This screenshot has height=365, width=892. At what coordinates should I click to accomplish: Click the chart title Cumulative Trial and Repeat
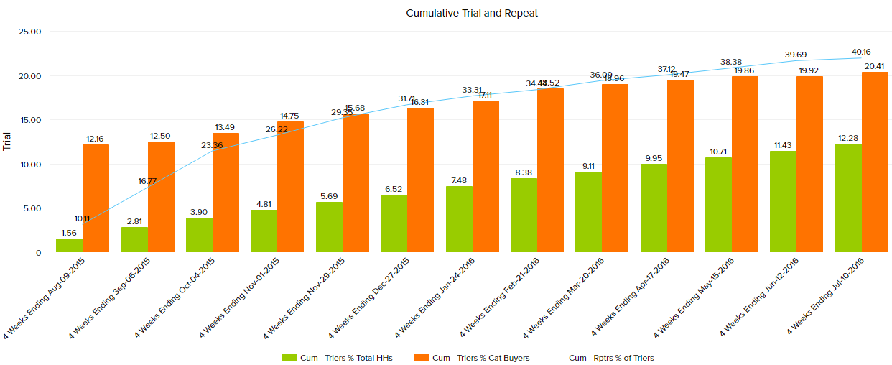(472, 13)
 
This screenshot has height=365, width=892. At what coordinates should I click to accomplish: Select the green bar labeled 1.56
(70, 246)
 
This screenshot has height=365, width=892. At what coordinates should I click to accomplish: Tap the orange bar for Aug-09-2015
(96, 198)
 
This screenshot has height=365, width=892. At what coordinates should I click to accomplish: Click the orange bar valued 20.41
(875, 162)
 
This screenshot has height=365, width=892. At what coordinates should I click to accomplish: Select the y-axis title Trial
(8, 141)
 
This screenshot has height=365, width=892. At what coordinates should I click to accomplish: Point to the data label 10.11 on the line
(82, 218)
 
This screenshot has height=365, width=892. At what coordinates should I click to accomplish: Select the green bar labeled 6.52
(394, 223)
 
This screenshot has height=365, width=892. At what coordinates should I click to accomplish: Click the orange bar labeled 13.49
(226, 193)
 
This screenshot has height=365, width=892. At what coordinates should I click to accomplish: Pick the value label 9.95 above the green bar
(654, 158)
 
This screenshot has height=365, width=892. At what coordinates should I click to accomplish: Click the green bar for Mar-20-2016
(589, 212)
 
